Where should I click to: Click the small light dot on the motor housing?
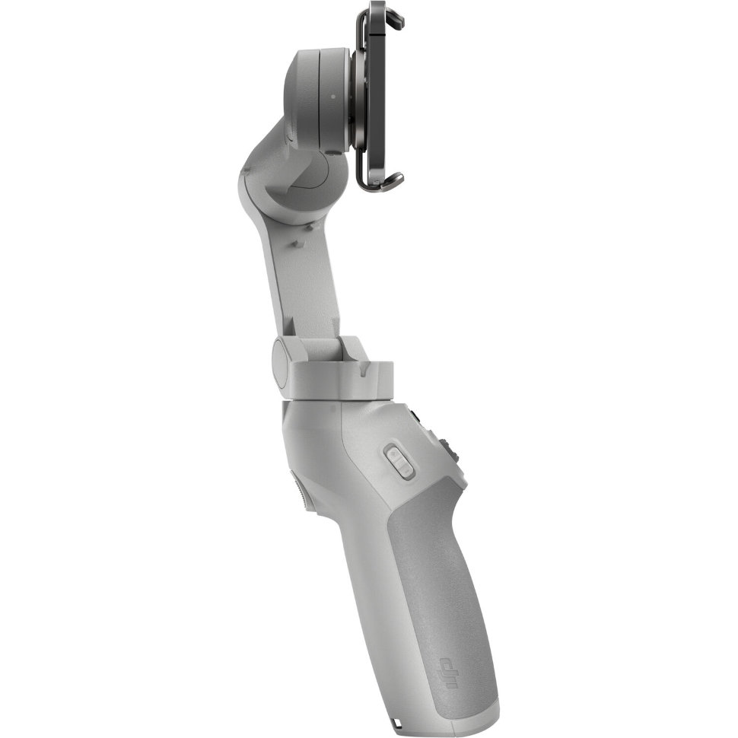(x=332, y=97)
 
